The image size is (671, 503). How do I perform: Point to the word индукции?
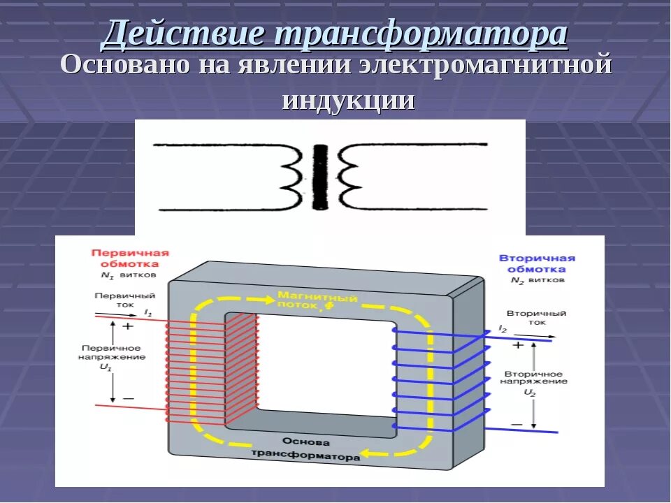(349, 100)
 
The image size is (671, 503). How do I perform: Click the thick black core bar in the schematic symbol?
(321, 177)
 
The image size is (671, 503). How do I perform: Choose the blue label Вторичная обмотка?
(537, 263)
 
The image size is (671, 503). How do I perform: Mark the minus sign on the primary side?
(129, 398)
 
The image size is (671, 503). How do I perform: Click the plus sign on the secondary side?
(518, 344)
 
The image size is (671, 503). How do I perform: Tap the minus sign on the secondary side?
(517, 424)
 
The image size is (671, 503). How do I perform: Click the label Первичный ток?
(115, 302)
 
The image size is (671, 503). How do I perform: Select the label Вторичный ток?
(537, 319)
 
